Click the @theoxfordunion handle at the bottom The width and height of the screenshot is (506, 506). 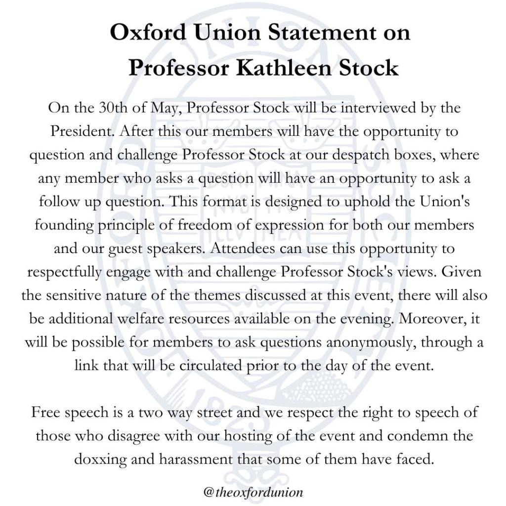[253, 492]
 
